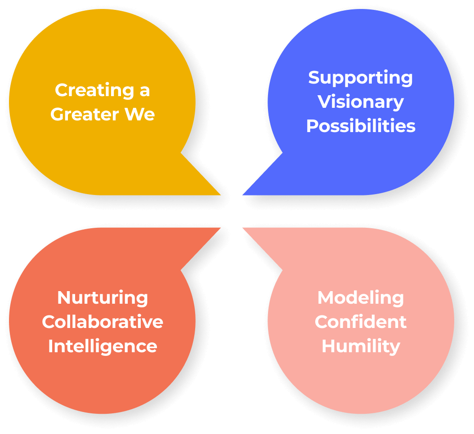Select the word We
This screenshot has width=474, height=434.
coord(140,114)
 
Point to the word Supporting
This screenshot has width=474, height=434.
coord(360,78)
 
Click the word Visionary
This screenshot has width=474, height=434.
coord(361,102)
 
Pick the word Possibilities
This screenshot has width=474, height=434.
coord(361,126)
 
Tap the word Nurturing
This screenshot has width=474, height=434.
coord(103,298)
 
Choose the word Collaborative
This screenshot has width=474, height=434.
coord(103,322)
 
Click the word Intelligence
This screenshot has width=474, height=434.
coord(103,346)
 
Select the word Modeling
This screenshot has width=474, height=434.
coord(361,298)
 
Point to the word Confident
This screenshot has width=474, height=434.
coord(361,322)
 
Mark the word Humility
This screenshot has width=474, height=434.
coord(361,346)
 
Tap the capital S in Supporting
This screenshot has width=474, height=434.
coord(314,77)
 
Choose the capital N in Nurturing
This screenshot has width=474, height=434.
coord(64,298)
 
